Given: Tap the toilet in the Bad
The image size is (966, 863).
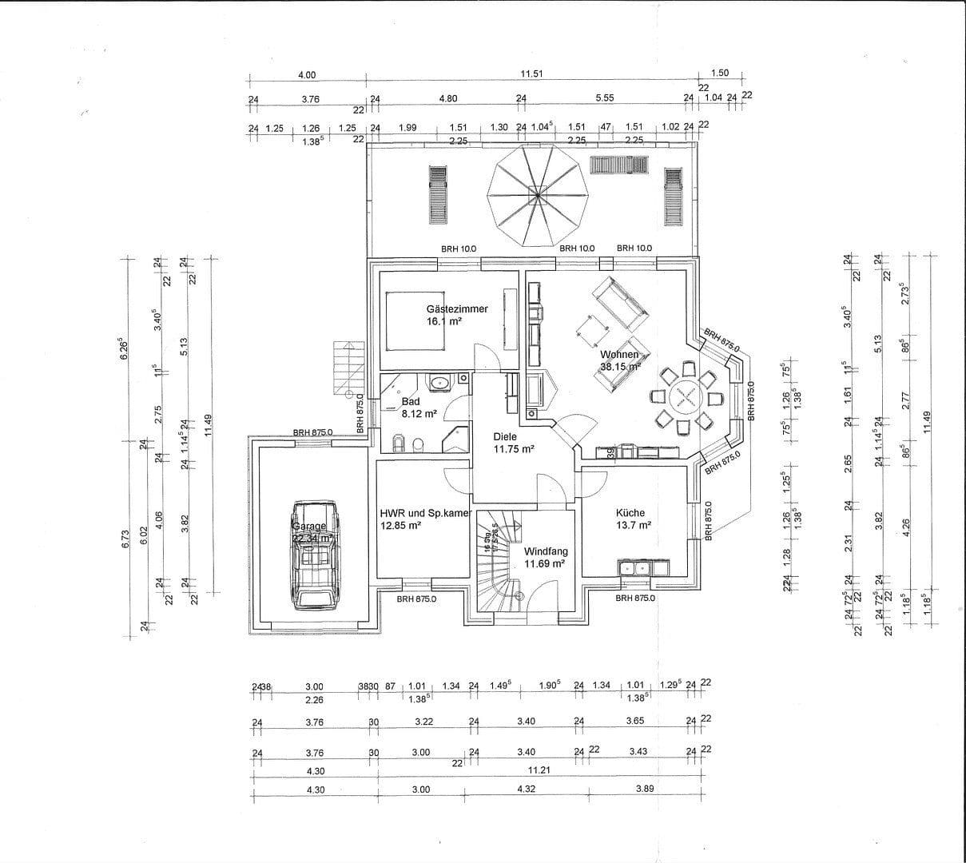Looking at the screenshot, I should [x=400, y=441].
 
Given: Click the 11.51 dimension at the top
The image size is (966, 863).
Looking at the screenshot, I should [x=532, y=74].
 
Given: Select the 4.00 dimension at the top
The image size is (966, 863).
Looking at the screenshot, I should [x=307, y=75].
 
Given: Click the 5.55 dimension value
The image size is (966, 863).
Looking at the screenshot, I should [x=605, y=98].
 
